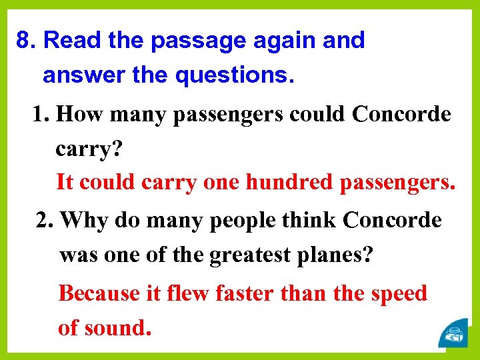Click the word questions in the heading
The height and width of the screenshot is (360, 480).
point(233,75)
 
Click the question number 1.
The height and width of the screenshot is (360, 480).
point(41,115)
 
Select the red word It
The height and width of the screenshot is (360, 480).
point(64,181)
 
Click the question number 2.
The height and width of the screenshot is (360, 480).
point(44,220)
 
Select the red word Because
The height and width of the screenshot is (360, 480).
point(99,293)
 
